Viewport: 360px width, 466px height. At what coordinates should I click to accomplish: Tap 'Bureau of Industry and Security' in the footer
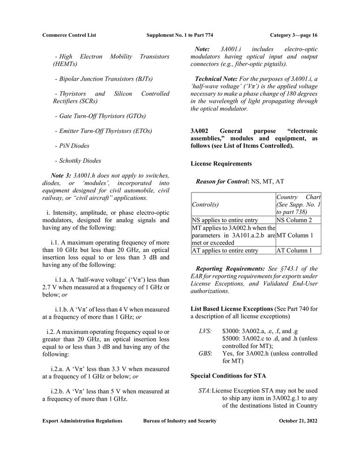180,421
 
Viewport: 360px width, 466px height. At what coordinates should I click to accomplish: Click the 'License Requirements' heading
221,164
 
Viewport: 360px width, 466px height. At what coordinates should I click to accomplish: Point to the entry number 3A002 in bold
199,131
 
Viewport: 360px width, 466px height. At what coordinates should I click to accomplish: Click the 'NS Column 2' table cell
294,220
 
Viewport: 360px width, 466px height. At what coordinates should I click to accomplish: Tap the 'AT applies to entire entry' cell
225,250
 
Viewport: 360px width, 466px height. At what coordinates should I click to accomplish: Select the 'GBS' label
204,353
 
